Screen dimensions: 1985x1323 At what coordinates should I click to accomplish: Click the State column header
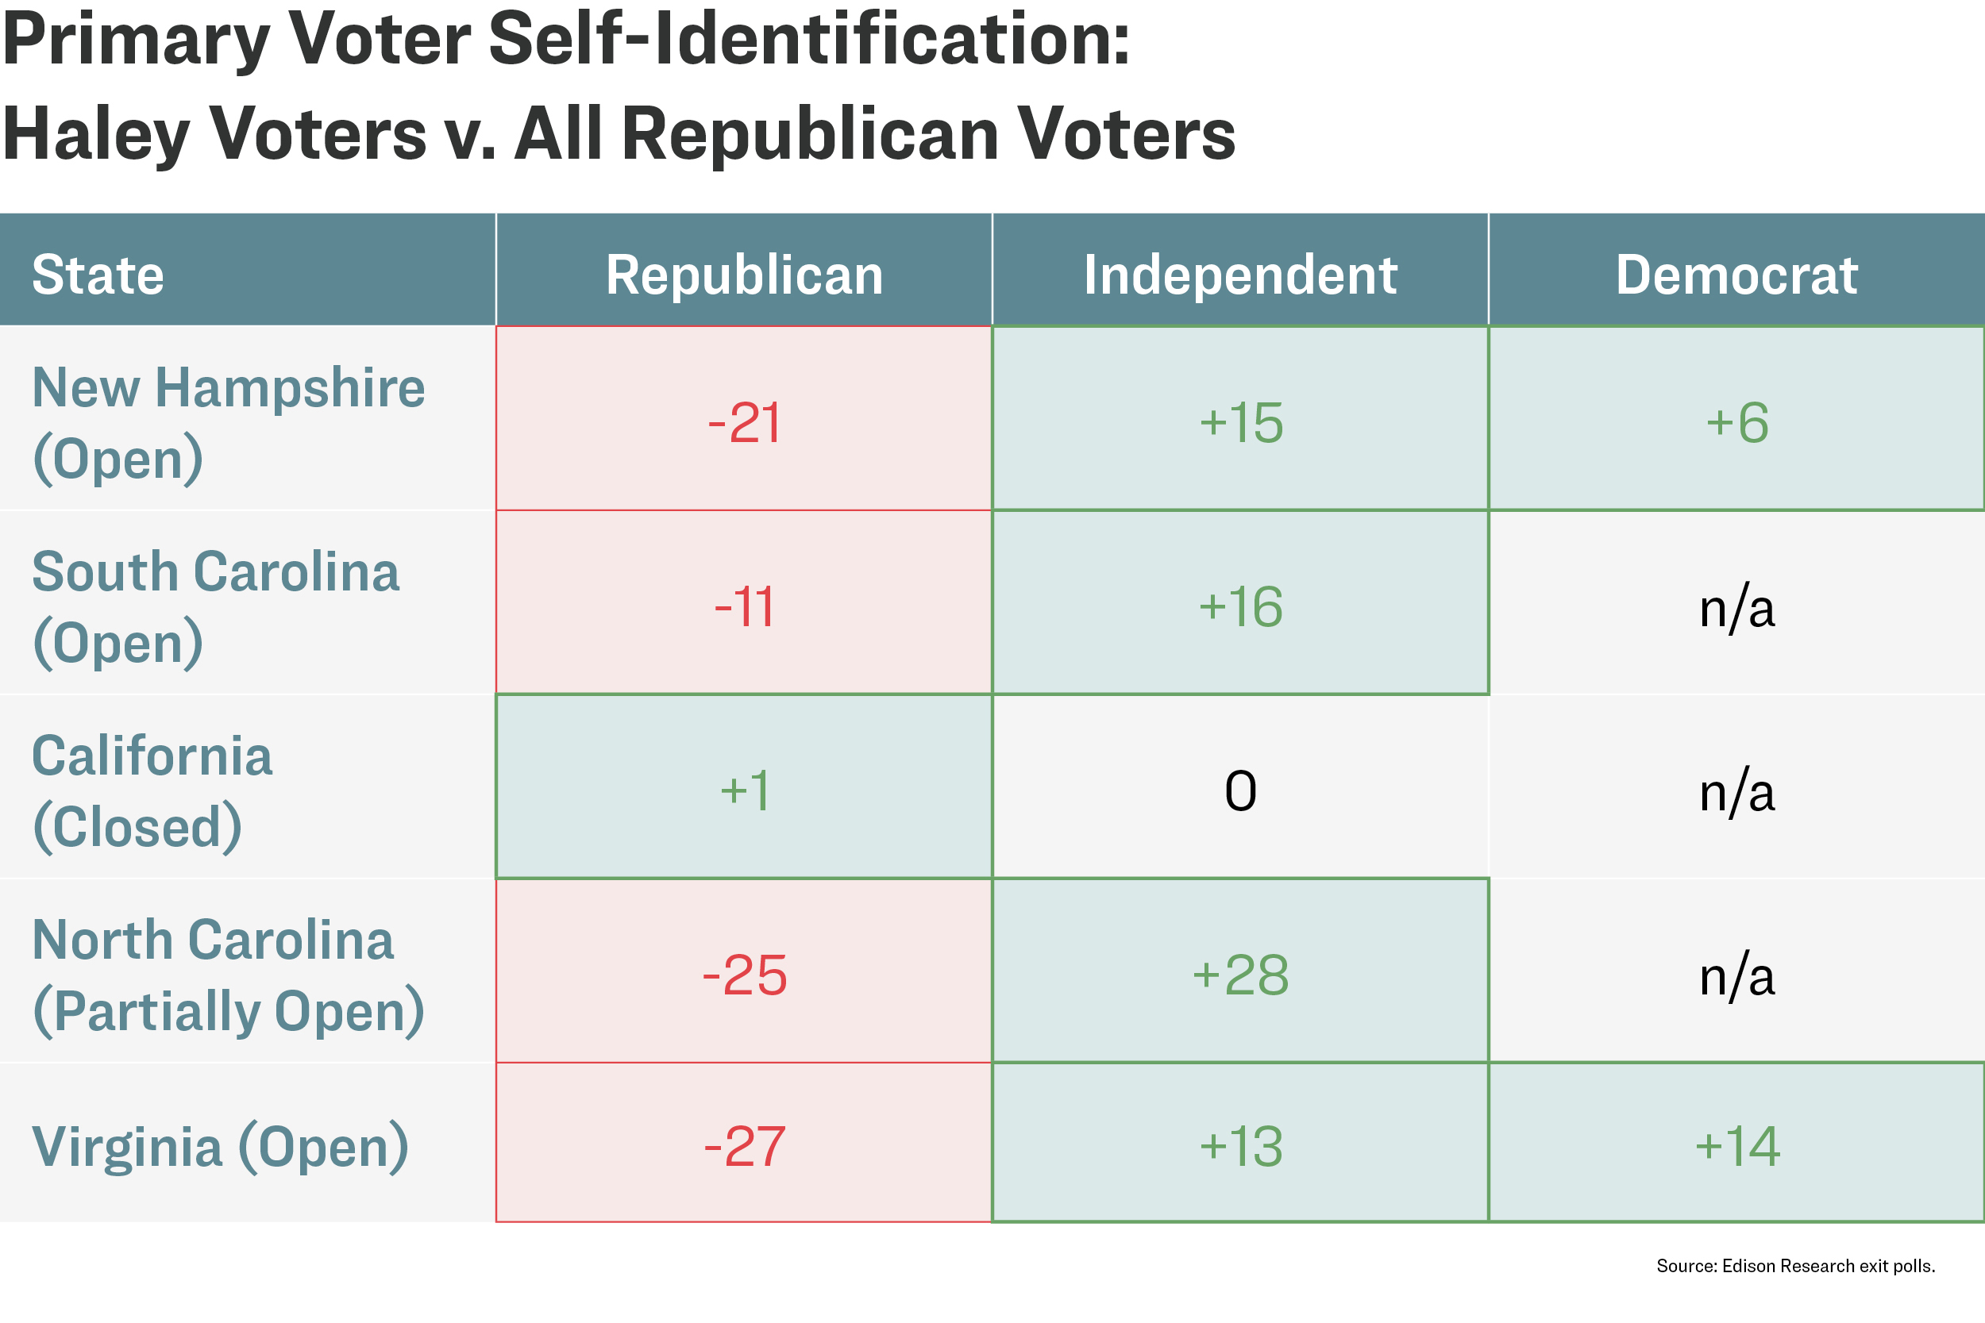click(98, 275)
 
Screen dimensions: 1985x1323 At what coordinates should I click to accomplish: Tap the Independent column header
click(1240, 275)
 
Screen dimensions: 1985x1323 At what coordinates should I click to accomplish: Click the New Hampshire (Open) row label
click(229, 424)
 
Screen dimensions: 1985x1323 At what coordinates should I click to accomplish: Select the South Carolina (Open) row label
click(215, 607)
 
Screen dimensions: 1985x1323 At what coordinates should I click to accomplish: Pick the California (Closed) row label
click(152, 791)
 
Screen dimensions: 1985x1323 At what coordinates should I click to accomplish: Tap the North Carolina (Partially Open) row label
click(229, 975)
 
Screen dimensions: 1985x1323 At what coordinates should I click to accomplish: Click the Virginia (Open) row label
click(220, 1147)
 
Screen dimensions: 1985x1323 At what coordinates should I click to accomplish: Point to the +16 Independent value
click(1240, 606)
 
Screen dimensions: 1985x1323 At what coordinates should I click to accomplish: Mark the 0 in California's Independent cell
click(1240, 791)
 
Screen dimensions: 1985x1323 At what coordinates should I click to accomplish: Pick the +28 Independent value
click(1240, 975)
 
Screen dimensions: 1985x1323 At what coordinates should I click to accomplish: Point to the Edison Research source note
click(1796, 1266)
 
